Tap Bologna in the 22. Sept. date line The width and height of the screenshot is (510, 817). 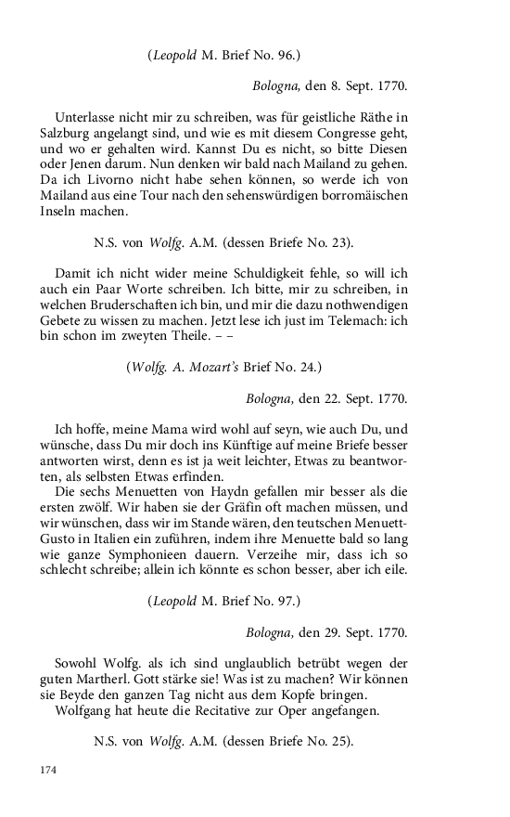click(271, 400)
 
